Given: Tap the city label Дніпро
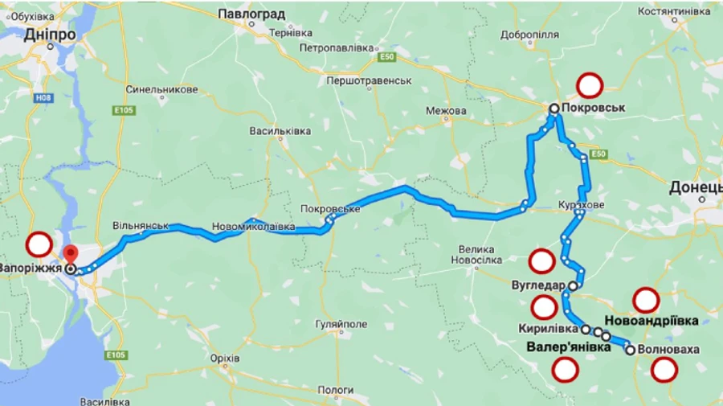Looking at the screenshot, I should tap(50, 35).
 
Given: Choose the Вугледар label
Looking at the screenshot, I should tap(538, 285).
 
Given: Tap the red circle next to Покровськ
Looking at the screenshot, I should tap(590, 84).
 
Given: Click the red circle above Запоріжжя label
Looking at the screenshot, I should tap(39, 244).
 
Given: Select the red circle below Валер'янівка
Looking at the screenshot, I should tap(566, 370).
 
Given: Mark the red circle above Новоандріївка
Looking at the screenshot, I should tap(646, 300).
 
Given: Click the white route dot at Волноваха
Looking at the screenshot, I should tap(631, 350).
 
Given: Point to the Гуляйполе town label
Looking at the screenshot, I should tap(341, 324).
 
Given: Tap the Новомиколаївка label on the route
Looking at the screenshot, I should tap(253, 228).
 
